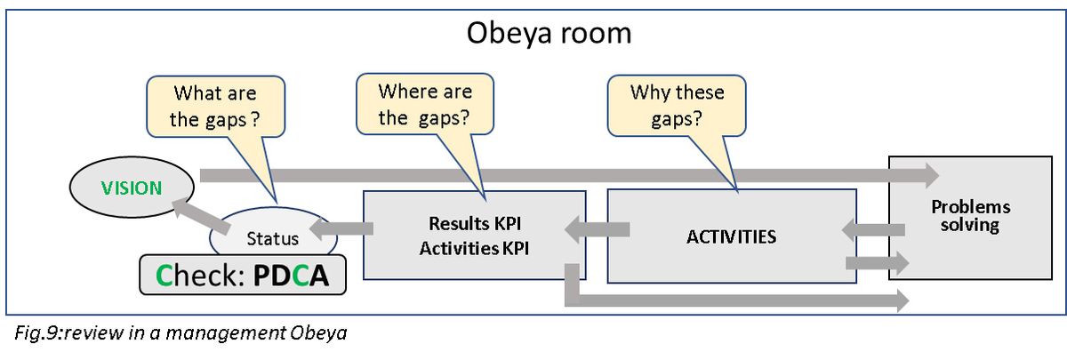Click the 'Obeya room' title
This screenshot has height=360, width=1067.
pos(549,34)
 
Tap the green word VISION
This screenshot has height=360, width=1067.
pos(132,188)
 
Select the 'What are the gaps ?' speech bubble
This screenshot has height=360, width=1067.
pos(215,107)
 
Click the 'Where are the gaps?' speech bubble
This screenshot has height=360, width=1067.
pos(425,104)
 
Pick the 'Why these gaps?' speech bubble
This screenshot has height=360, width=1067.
pos(677,106)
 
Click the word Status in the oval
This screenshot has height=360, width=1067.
pos(272,238)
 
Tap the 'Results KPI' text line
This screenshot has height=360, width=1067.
pos(475,223)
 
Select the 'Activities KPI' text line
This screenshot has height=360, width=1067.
pos(474,249)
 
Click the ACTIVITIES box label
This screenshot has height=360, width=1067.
pos(731,236)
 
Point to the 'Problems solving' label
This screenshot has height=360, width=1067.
pos(970,216)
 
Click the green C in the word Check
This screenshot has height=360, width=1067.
pos(164,276)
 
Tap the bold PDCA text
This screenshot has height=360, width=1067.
pos(291,276)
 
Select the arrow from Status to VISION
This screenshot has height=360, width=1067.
pos(201,216)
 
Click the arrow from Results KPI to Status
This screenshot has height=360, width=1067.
pos(341,229)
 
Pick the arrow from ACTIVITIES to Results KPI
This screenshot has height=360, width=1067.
pos(597,229)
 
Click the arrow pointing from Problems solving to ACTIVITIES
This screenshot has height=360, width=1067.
pos(873,230)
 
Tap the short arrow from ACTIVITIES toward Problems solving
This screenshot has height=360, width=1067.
pos(877,263)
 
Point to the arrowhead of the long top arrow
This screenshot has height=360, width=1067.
pos(931,176)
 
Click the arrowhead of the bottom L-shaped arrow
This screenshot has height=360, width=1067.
pos(903,300)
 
